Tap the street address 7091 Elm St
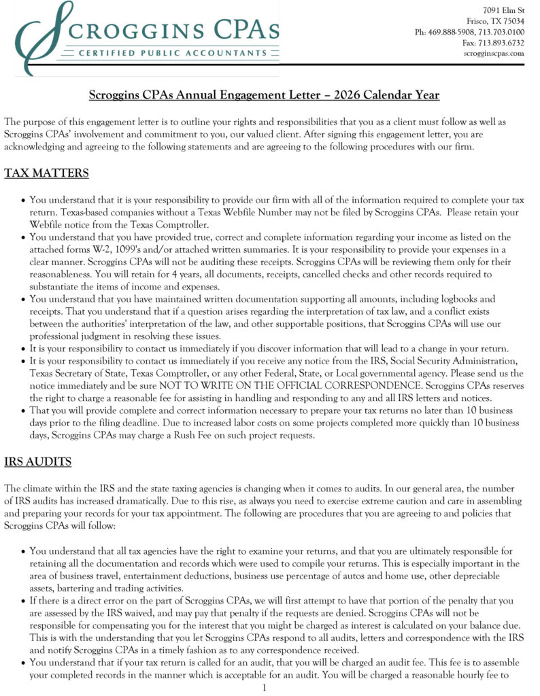coord(503,10)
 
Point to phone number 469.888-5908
coord(456,32)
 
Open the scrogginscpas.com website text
coord(494,53)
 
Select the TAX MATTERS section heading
coord(46,173)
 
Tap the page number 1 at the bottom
coord(264,688)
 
